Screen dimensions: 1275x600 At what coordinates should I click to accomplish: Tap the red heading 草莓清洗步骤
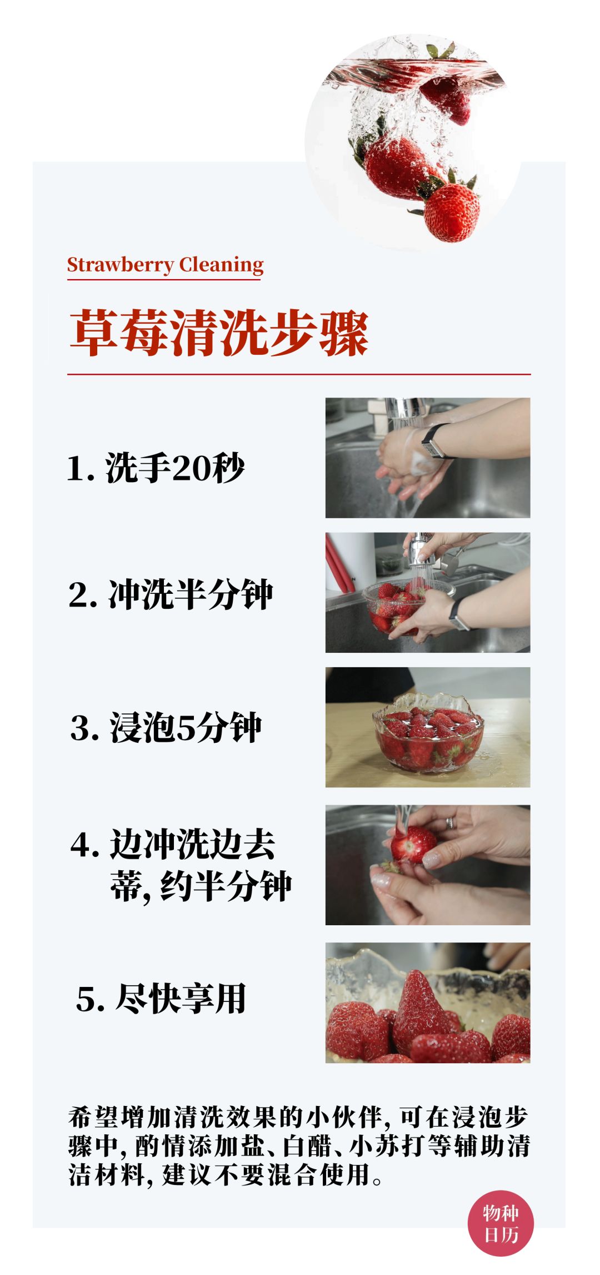(219, 333)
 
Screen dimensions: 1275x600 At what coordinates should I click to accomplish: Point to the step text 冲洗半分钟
(190, 594)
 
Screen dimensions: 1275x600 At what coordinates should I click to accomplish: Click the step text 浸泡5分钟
(186, 727)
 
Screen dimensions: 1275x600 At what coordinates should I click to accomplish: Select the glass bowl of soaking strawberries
(428, 734)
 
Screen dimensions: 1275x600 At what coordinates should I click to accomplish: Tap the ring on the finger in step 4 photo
(451, 823)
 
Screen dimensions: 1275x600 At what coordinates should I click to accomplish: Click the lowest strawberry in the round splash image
(451, 213)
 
